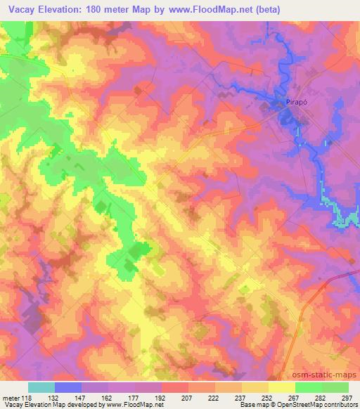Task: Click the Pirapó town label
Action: (295, 101)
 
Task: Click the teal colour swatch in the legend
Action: (41, 387)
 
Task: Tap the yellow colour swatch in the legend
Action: (282, 387)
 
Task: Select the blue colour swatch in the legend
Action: (68, 387)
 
